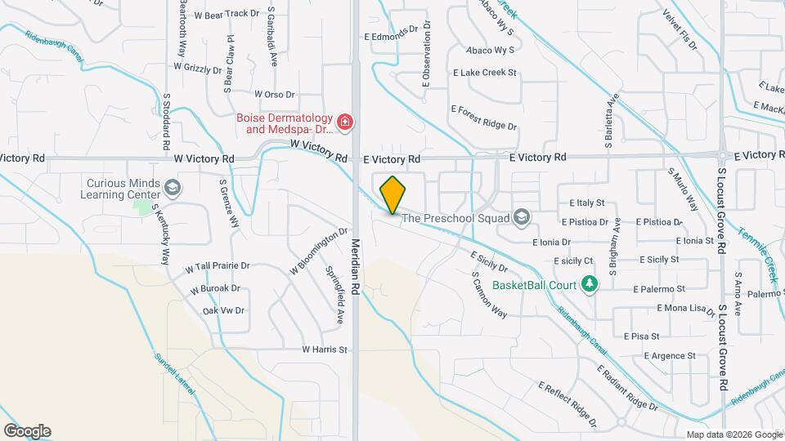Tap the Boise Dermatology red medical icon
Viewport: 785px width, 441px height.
[x=345, y=123]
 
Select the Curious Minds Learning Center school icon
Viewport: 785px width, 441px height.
[x=173, y=189]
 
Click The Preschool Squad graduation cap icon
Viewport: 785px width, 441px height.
[x=522, y=217]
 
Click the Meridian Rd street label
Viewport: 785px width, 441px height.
[x=357, y=266]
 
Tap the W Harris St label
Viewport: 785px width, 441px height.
[x=325, y=350]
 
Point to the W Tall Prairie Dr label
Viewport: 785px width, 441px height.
[x=217, y=267]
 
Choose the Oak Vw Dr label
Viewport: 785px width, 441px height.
[x=224, y=310]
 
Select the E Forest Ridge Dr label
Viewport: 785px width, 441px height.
[x=484, y=116]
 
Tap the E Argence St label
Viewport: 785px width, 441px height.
[x=669, y=356]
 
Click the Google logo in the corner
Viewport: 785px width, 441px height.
[x=27, y=430]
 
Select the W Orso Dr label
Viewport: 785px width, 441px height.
[x=274, y=95]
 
